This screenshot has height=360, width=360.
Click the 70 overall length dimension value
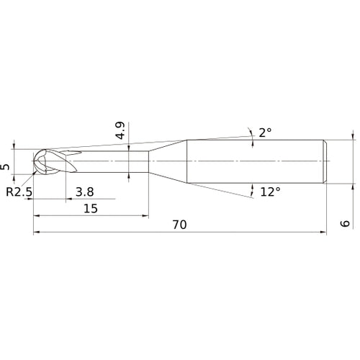(179, 225)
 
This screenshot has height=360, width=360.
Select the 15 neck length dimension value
(90, 208)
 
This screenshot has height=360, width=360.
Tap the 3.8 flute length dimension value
(84, 192)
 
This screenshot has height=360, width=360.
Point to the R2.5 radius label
(19, 192)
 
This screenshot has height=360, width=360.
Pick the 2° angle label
(265, 132)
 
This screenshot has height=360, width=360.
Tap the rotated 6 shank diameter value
(346, 224)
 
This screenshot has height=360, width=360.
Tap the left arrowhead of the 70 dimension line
(37, 233)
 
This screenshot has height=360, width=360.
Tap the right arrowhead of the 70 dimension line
(323, 233)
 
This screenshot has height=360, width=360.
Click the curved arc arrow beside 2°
(251, 133)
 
